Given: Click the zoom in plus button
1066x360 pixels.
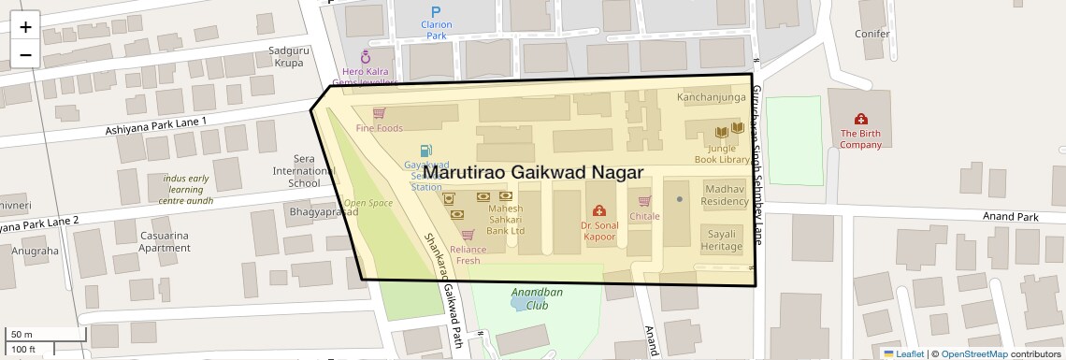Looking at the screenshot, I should [x=25, y=26].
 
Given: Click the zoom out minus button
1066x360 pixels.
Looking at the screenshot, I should [x=25, y=54].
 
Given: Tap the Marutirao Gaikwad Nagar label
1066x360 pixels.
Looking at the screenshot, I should [x=533, y=173].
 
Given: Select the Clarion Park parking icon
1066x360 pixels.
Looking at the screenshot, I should [x=436, y=11].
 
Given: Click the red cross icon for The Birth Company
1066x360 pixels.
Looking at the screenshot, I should [x=860, y=119].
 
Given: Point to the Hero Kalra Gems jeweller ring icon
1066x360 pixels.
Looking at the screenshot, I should [x=366, y=56].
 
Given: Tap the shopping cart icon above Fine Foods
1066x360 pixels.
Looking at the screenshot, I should [x=379, y=113].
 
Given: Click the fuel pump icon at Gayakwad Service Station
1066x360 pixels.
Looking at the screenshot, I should [x=426, y=150].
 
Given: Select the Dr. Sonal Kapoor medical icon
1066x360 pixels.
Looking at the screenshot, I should [x=599, y=210].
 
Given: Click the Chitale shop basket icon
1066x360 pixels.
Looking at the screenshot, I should [x=644, y=201].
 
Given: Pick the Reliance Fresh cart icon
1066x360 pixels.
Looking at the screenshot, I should [x=468, y=235].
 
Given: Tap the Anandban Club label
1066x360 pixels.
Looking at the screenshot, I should [x=537, y=298].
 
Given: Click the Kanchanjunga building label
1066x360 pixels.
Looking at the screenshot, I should [x=712, y=96].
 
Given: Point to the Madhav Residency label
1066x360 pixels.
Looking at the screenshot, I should [x=725, y=194].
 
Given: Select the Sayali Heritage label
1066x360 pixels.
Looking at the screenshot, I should [x=723, y=239].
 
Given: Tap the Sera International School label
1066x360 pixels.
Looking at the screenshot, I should [x=296, y=171].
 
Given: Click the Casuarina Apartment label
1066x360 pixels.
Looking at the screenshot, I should [x=165, y=241].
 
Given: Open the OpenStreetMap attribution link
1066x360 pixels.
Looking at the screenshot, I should [x=973, y=353].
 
